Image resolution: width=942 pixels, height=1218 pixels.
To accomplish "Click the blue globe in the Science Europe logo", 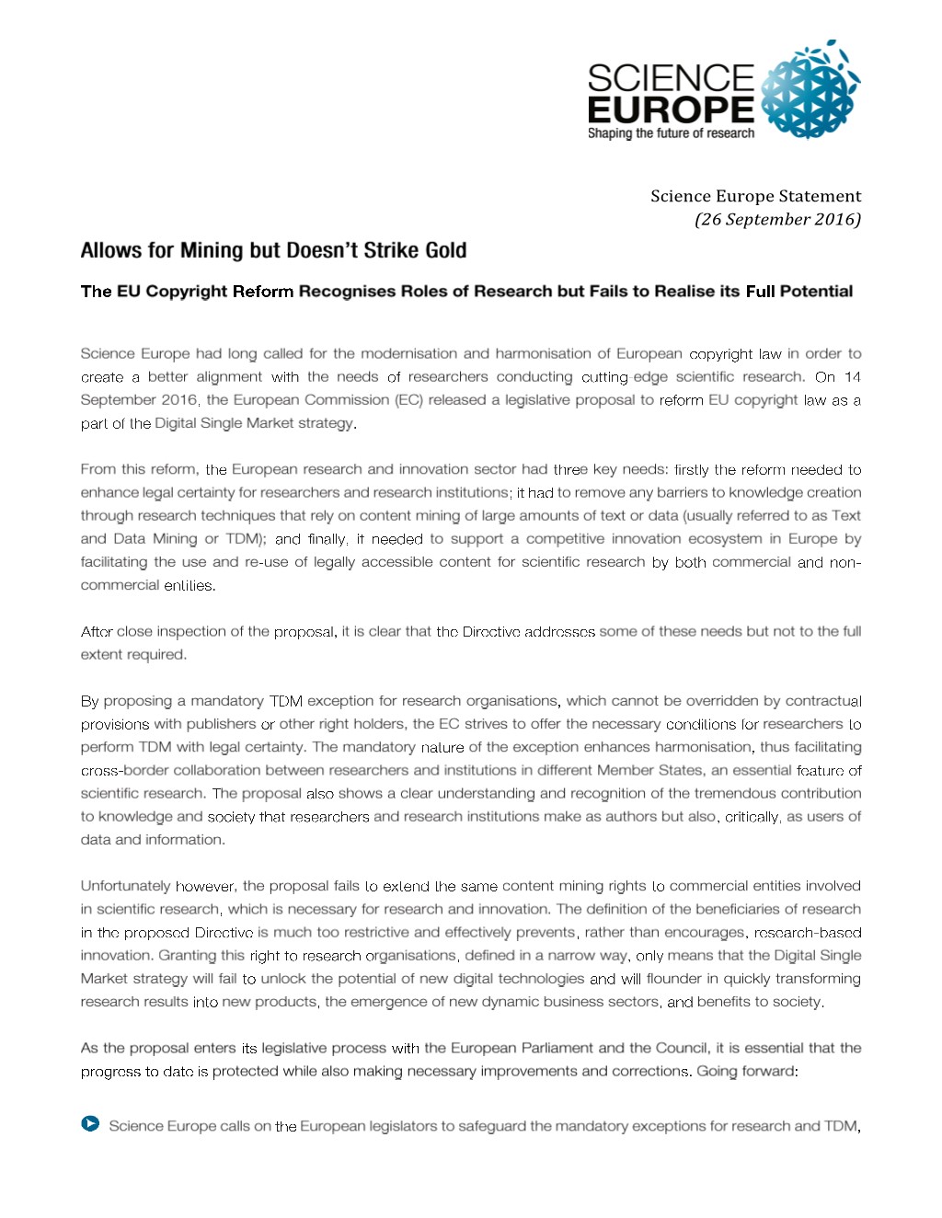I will click(810, 90).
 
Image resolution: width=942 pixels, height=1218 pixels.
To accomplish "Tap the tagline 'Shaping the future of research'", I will click(671, 133).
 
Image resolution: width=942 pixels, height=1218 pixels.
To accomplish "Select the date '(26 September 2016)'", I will click(777, 219).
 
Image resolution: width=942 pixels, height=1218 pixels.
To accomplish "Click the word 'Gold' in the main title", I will click(445, 250).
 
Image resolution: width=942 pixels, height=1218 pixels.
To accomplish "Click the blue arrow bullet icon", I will click(90, 1123).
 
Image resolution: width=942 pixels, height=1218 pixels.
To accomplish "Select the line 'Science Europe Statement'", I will click(755, 196).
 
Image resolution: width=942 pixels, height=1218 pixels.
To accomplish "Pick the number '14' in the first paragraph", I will click(852, 376).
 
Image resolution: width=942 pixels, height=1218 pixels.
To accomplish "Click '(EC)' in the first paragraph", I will click(408, 399).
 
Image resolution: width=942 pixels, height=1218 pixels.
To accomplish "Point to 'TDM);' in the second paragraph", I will click(246, 539).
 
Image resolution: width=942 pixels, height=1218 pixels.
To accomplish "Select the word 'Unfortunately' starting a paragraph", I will click(125, 886).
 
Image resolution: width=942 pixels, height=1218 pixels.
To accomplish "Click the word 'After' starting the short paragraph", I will click(97, 631).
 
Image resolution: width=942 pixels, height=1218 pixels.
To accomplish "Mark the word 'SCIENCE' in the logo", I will click(671, 77).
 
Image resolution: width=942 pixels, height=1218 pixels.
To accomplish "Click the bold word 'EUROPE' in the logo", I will click(671, 109).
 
